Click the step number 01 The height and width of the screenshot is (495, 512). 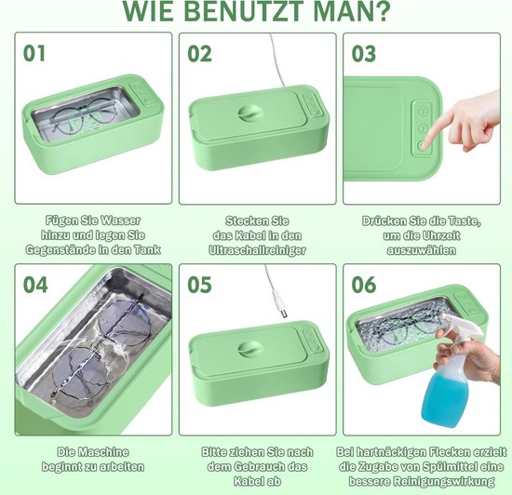34,53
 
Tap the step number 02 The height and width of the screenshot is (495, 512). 200,53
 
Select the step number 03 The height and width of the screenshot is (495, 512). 364,53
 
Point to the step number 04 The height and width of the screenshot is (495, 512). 34,284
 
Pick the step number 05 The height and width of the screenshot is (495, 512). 199,284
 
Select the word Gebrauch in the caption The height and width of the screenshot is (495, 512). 270,466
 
